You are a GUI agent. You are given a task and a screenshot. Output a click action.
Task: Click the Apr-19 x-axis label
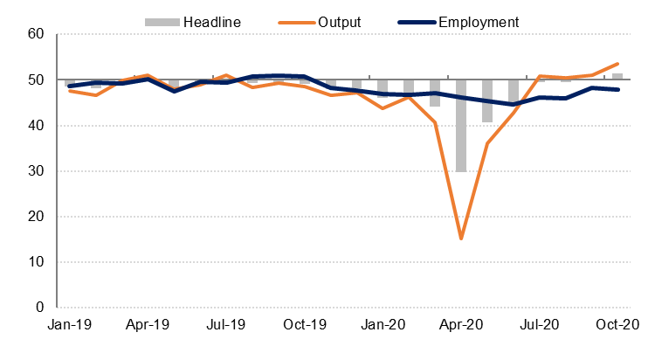[x=148, y=325]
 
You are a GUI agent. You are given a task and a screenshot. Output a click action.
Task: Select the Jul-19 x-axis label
[x=226, y=325]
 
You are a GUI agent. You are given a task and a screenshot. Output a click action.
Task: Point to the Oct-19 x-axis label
[x=305, y=325]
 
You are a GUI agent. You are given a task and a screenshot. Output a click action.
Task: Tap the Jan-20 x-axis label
[x=383, y=325]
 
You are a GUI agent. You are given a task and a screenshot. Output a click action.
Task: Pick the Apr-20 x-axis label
[x=460, y=325]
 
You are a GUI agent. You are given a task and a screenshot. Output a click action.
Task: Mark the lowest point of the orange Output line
[x=461, y=239]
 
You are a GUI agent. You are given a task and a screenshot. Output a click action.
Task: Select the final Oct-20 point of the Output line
[x=617, y=64]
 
